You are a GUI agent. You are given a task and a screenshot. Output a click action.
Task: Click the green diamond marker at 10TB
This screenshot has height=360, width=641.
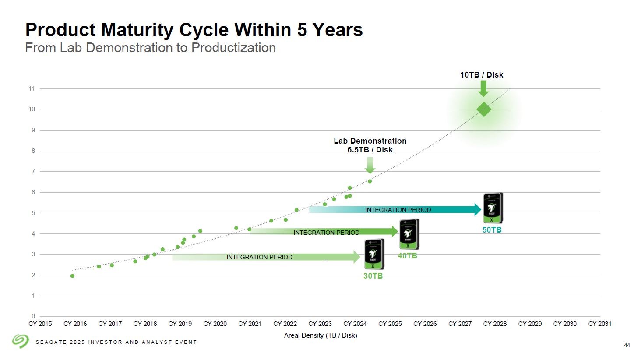pyautogui.click(x=483, y=109)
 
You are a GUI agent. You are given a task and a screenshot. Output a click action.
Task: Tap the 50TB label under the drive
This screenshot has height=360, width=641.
pyautogui.click(x=492, y=230)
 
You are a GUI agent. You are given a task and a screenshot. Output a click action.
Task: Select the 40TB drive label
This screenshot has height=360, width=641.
pyautogui.click(x=407, y=256)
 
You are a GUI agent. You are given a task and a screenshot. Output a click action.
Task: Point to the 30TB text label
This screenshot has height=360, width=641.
pyautogui.click(x=373, y=276)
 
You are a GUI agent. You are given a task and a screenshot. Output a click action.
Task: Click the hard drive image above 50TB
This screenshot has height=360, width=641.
pyautogui.click(x=493, y=208)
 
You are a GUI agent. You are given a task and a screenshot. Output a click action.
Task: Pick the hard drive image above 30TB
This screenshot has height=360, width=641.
pyautogui.click(x=374, y=254)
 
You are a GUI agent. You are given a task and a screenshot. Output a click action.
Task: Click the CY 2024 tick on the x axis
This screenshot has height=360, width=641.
pyautogui.click(x=355, y=324)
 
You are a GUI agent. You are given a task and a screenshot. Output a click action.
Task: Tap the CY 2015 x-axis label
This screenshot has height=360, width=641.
pyautogui.click(x=40, y=324)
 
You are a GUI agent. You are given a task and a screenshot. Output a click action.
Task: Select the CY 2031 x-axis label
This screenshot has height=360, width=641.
pyautogui.click(x=599, y=324)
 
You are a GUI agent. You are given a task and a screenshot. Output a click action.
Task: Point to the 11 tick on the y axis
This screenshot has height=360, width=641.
pyautogui.click(x=32, y=88)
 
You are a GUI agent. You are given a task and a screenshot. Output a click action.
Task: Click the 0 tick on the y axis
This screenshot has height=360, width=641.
pyautogui.click(x=33, y=316)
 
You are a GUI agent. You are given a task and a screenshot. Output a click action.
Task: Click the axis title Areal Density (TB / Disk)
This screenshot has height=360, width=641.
pyautogui.click(x=320, y=335)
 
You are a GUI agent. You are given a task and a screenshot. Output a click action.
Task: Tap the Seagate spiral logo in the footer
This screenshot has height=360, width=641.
pyautogui.click(x=20, y=341)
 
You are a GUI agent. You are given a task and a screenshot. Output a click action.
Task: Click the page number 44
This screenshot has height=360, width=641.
pyautogui.click(x=627, y=345)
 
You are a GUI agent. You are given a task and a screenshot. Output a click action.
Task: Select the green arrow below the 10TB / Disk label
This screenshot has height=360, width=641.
pyautogui.click(x=483, y=88)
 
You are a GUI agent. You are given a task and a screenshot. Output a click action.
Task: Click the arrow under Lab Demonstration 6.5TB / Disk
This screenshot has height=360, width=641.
pyautogui.click(x=370, y=165)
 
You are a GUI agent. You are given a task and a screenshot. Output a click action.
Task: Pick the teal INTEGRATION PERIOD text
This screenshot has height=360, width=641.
pyautogui.click(x=398, y=210)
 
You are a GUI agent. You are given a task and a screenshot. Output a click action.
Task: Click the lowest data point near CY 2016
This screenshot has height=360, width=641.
pyautogui.click(x=72, y=276)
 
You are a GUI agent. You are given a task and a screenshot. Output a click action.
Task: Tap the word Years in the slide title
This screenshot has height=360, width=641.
pyautogui.click(x=337, y=30)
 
